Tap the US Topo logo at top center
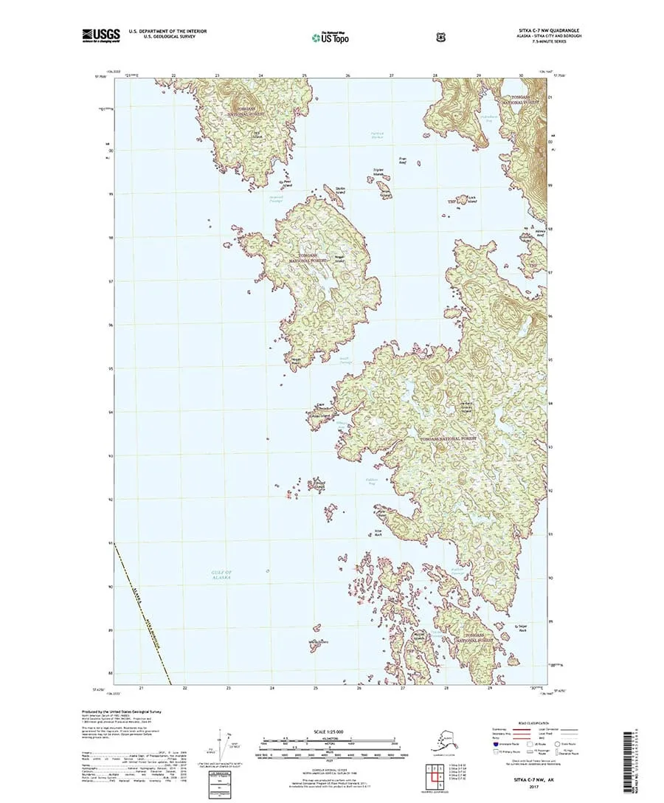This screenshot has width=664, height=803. [x=331, y=35]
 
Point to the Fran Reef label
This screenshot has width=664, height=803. [x=403, y=159]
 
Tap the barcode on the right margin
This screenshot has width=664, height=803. [x=629, y=757]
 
